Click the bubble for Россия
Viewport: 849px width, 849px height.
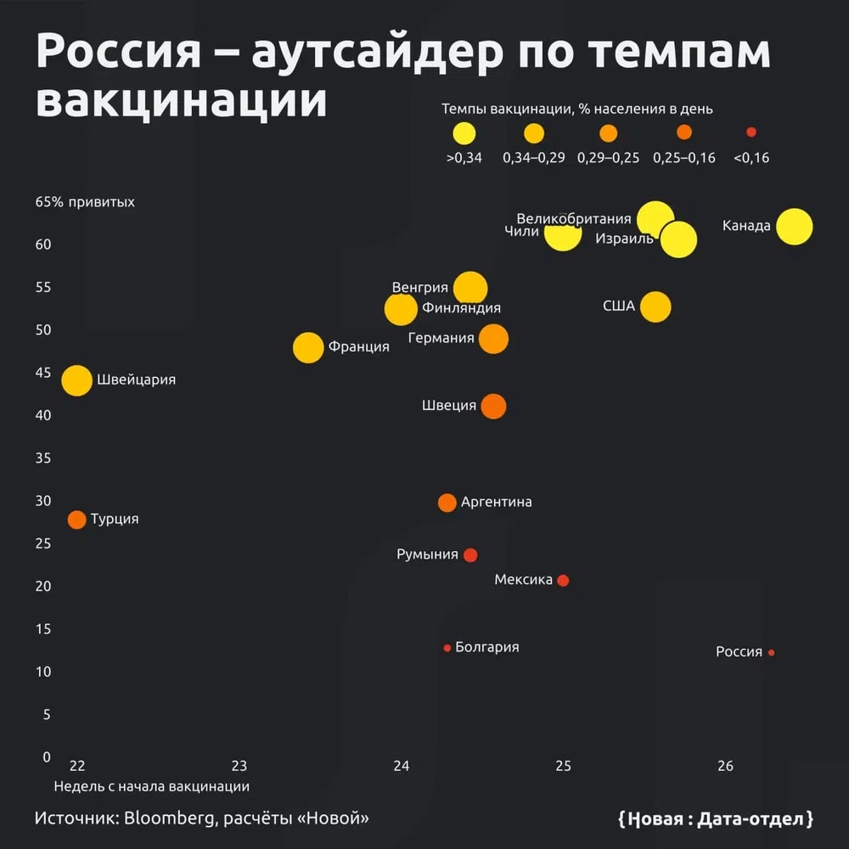click(x=771, y=653)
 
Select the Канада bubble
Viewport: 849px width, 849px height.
click(x=795, y=227)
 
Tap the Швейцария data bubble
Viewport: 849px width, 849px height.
click(x=76, y=380)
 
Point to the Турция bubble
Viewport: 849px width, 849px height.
click(x=76, y=520)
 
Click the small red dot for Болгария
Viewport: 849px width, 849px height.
click(x=447, y=648)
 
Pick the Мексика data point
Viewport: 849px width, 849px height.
click(x=563, y=581)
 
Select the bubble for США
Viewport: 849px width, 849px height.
click(x=655, y=306)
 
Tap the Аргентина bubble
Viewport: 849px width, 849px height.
click(x=447, y=503)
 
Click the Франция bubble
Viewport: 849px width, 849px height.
click(x=308, y=347)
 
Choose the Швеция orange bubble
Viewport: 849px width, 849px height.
click(x=493, y=406)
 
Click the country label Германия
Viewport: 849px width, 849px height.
click(x=441, y=338)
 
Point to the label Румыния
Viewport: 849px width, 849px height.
click(x=427, y=554)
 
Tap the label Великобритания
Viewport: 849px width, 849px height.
click(x=574, y=219)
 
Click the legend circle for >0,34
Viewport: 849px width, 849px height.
click(x=464, y=133)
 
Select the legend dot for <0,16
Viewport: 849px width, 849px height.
click(x=751, y=132)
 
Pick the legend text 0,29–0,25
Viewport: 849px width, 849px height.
click(x=608, y=158)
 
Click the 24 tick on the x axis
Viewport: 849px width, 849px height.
click(x=402, y=766)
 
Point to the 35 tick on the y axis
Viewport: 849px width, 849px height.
click(x=43, y=458)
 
